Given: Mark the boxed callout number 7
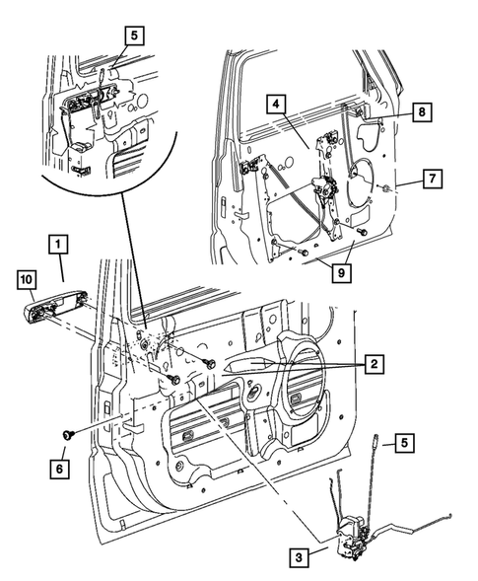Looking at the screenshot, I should point(431,180).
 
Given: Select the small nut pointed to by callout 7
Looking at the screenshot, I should point(390,187).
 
